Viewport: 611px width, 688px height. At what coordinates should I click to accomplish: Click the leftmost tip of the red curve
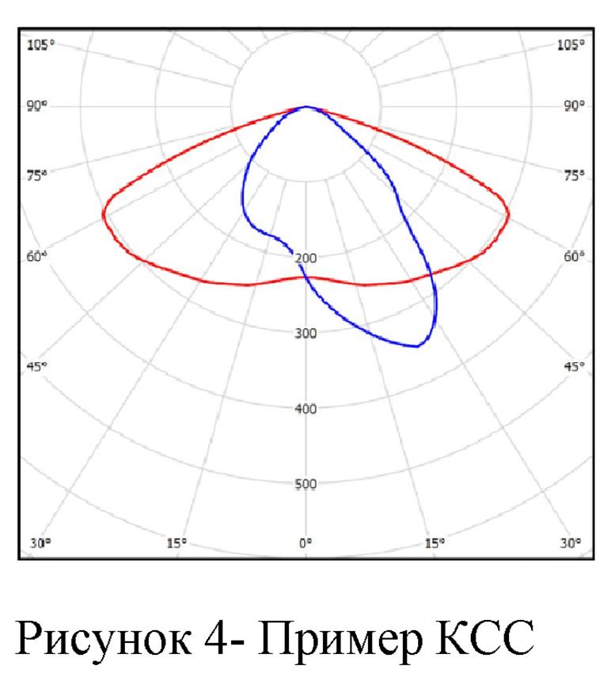click(x=103, y=214)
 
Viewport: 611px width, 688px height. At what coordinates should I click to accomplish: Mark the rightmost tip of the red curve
click(x=508, y=214)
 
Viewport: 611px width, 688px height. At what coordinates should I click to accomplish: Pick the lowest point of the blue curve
click(x=416, y=346)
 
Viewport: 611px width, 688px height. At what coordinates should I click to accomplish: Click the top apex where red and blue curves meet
click(x=306, y=107)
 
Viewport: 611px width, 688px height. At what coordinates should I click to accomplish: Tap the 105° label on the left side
click(x=41, y=45)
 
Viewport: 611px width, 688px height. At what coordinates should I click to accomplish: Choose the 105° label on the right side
click(x=570, y=45)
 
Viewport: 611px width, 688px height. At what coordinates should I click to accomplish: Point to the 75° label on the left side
click(x=38, y=176)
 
